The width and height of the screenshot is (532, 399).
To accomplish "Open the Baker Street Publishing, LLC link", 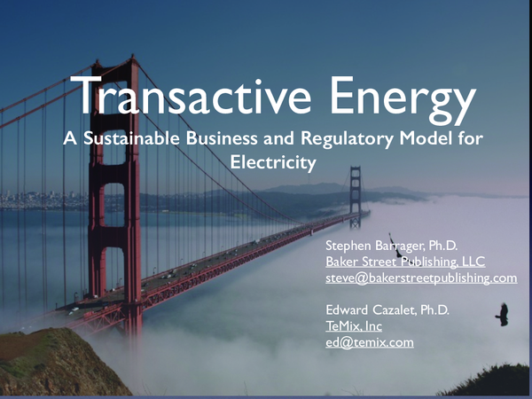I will [x=405, y=261].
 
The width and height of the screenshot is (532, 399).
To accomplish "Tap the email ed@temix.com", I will [x=370, y=343].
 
